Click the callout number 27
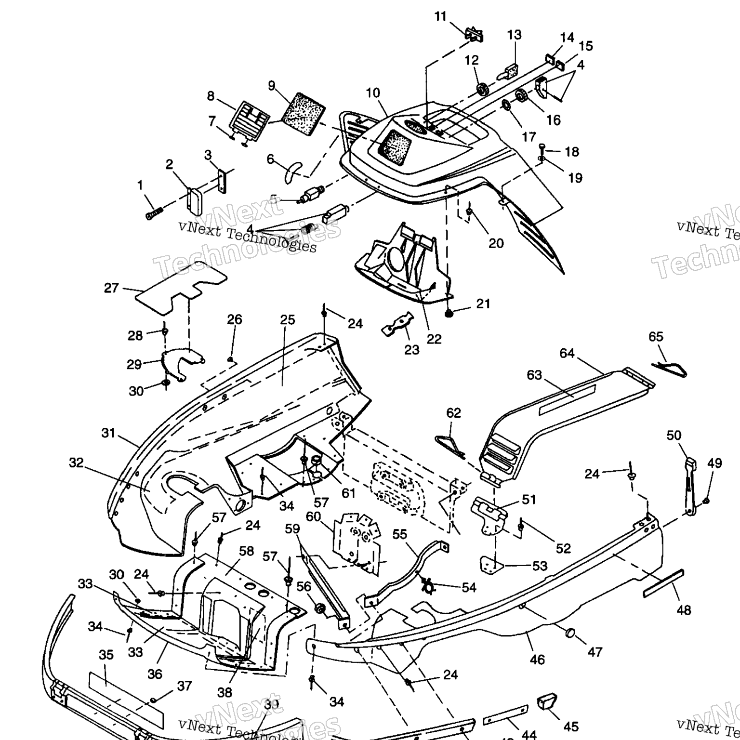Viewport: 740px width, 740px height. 111,288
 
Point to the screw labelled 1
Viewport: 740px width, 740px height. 154,213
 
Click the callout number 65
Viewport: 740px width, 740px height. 656,337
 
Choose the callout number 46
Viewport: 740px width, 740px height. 537,659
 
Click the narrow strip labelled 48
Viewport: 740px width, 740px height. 663,583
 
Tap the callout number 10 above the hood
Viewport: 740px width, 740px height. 373,93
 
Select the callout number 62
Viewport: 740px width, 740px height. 453,413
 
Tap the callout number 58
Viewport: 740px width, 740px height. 246,551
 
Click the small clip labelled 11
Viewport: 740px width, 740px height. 474,35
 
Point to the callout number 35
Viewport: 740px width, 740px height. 106,655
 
